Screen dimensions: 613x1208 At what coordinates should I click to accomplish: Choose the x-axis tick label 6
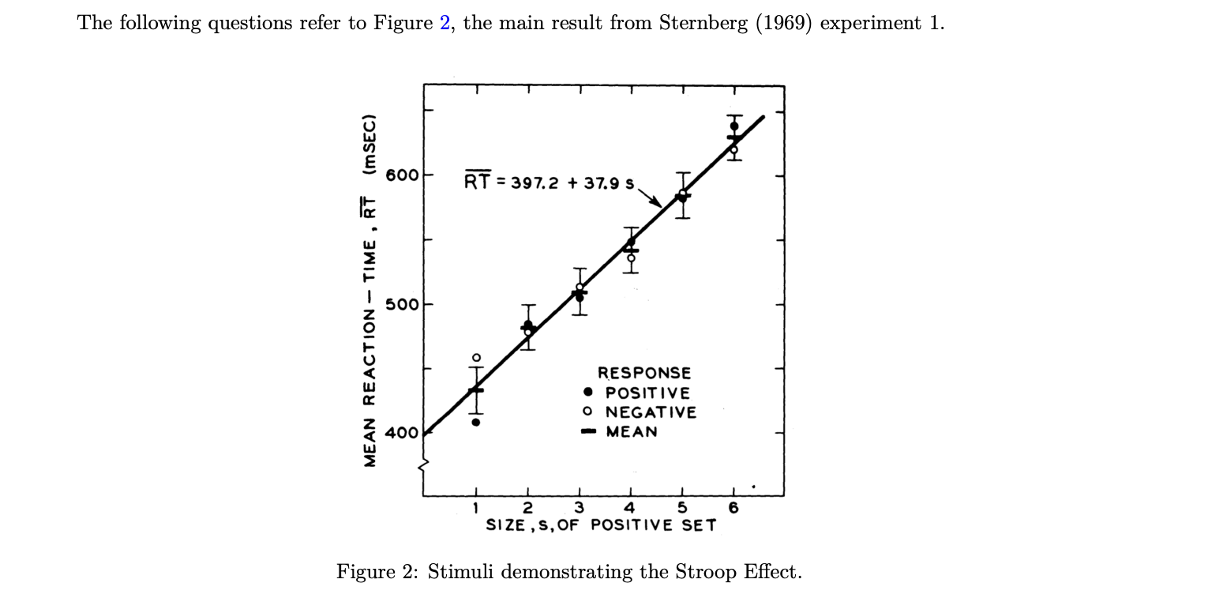click(x=734, y=508)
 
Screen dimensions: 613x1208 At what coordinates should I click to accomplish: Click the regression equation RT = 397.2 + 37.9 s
click(x=550, y=182)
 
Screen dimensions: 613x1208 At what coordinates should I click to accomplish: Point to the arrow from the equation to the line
click(x=650, y=196)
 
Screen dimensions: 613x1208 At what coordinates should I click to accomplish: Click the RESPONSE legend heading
click(x=643, y=373)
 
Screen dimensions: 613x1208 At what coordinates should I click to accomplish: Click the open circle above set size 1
click(x=476, y=358)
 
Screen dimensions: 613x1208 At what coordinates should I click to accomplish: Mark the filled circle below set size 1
click(x=476, y=422)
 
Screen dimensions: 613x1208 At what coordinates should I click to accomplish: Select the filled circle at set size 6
click(x=734, y=126)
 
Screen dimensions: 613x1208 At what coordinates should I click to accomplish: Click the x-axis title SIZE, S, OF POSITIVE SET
click(x=601, y=525)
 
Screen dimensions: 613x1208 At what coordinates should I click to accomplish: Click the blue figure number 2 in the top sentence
click(x=445, y=23)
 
